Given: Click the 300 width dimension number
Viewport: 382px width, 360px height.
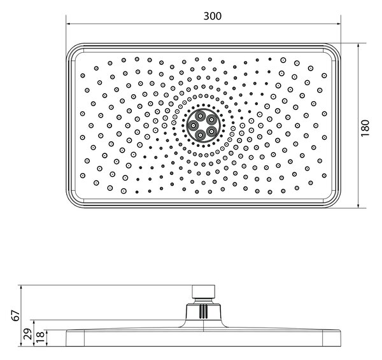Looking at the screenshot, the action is tap(213, 16).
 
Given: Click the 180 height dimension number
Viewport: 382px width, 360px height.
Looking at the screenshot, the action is tap(365, 128).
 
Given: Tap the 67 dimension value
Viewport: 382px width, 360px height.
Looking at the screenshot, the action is tap(16, 315).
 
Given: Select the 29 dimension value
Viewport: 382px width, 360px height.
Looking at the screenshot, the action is tap(28, 334).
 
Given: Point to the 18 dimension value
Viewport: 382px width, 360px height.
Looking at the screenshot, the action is tap(41, 337).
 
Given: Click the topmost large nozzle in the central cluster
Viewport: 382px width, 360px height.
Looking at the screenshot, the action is tap(201, 116).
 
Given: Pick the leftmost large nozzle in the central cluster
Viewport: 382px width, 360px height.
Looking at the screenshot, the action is tap(194, 125).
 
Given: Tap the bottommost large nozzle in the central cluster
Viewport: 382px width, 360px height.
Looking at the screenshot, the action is tap(201, 134).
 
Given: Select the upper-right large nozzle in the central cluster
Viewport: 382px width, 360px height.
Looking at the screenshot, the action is tap(211, 120).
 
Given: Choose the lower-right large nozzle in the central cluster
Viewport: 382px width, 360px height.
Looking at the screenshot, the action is tap(211, 131).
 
